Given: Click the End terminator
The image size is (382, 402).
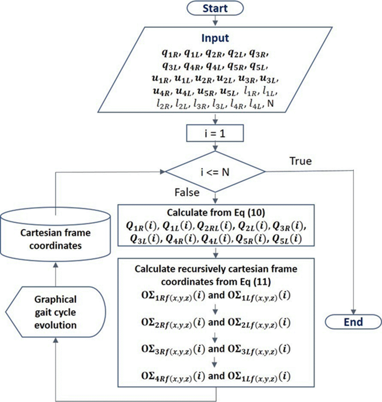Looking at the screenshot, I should pyautogui.click(x=353, y=321).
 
